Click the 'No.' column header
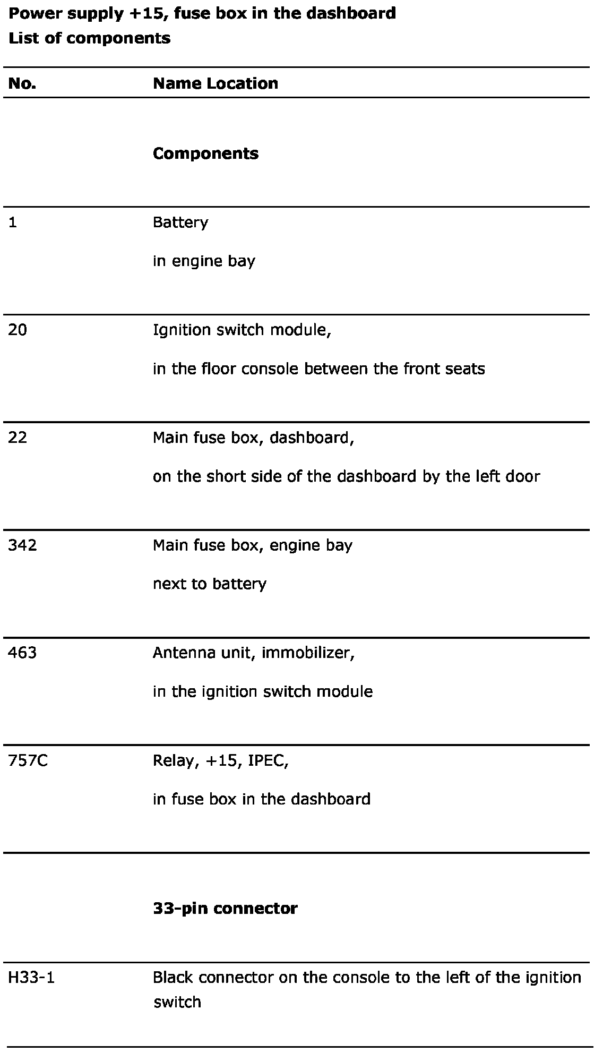(22, 83)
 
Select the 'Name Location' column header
(215, 83)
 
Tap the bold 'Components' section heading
(205, 153)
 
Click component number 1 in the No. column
(13, 223)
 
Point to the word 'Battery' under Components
(180, 223)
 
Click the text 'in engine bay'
(204, 261)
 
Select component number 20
(18, 330)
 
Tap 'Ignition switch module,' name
(242, 330)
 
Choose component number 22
(18, 438)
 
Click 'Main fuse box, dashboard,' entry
(253, 438)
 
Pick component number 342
(22, 545)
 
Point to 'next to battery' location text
(209, 584)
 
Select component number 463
(22, 653)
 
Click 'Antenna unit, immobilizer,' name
(253, 653)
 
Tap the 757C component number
(28, 761)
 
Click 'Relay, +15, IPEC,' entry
(220, 761)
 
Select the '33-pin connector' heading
(225, 909)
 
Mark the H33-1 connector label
(31, 978)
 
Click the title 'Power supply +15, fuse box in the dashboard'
(202, 13)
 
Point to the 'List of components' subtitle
(90, 38)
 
